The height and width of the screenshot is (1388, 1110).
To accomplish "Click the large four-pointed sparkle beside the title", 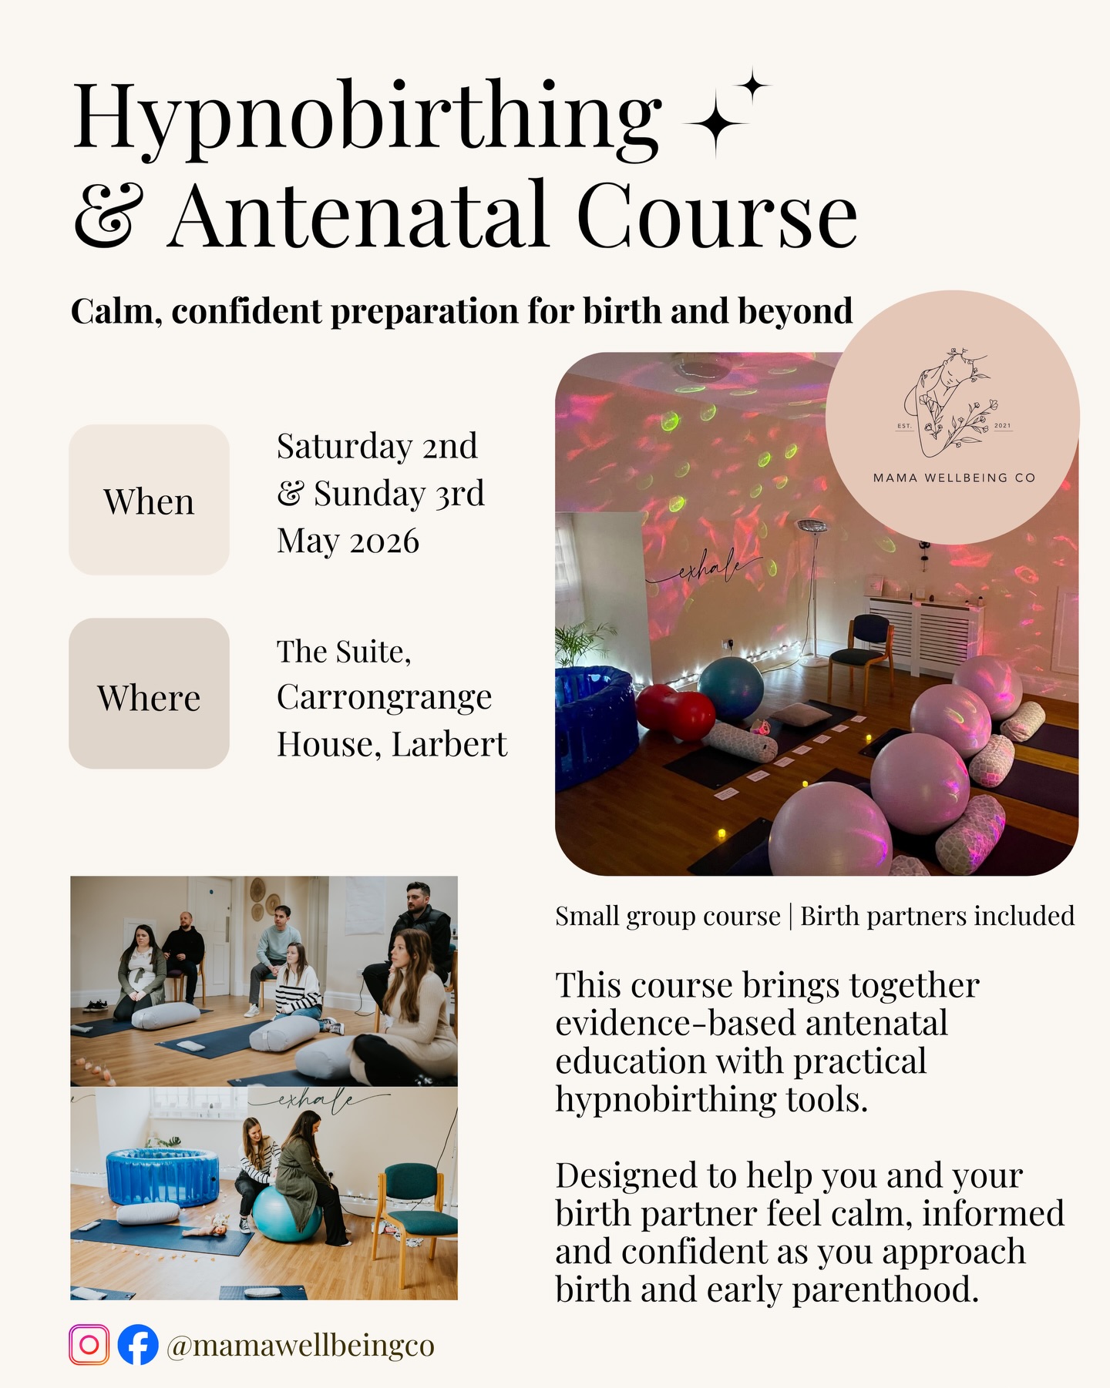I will click(715, 123).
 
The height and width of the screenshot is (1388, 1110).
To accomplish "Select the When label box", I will click(149, 500).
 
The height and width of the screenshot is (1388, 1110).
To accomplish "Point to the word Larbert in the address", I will click(449, 745).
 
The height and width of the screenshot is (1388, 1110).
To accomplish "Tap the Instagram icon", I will click(89, 1345).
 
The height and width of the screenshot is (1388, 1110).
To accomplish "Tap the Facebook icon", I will click(138, 1345).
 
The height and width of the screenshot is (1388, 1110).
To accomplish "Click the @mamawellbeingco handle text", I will click(301, 1346).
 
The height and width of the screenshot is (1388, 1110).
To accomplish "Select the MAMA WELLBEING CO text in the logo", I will click(954, 478).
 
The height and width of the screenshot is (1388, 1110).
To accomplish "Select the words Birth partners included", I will click(937, 916).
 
